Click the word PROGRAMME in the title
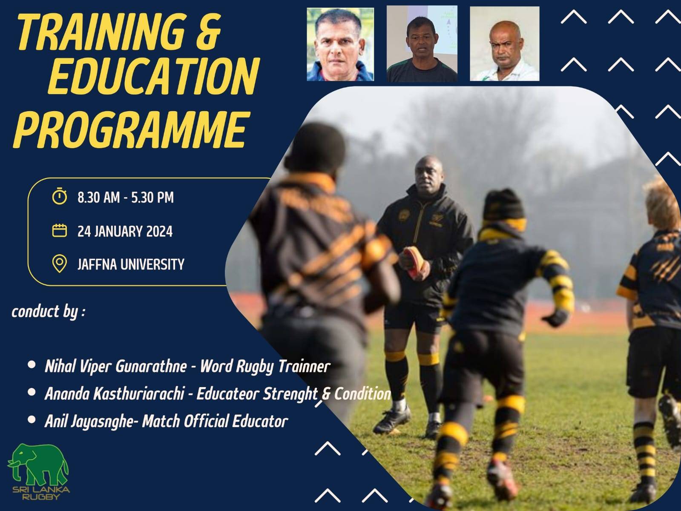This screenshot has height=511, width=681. coord(132,129)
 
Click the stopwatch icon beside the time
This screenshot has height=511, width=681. coord(60,196)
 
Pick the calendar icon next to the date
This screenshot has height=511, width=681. coord(60,231)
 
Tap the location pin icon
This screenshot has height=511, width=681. coord(60,264)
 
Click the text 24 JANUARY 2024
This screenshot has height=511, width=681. coord(125,231)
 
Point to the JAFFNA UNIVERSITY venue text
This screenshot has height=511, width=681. coord(131,264)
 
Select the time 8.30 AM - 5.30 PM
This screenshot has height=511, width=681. coord(126,198)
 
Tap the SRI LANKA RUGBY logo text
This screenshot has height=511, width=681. coord(41,493)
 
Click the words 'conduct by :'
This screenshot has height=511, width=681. coord(49,312)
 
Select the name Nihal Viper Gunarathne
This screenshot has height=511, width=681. coord(116,367)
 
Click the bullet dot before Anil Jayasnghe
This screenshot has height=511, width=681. coord(32,420)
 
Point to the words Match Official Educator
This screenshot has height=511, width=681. coord(215,421)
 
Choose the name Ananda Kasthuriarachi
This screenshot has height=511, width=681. coord(115,394)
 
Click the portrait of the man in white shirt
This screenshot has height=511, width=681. coord(504,44)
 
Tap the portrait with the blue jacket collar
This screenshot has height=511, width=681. coord(340,44)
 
